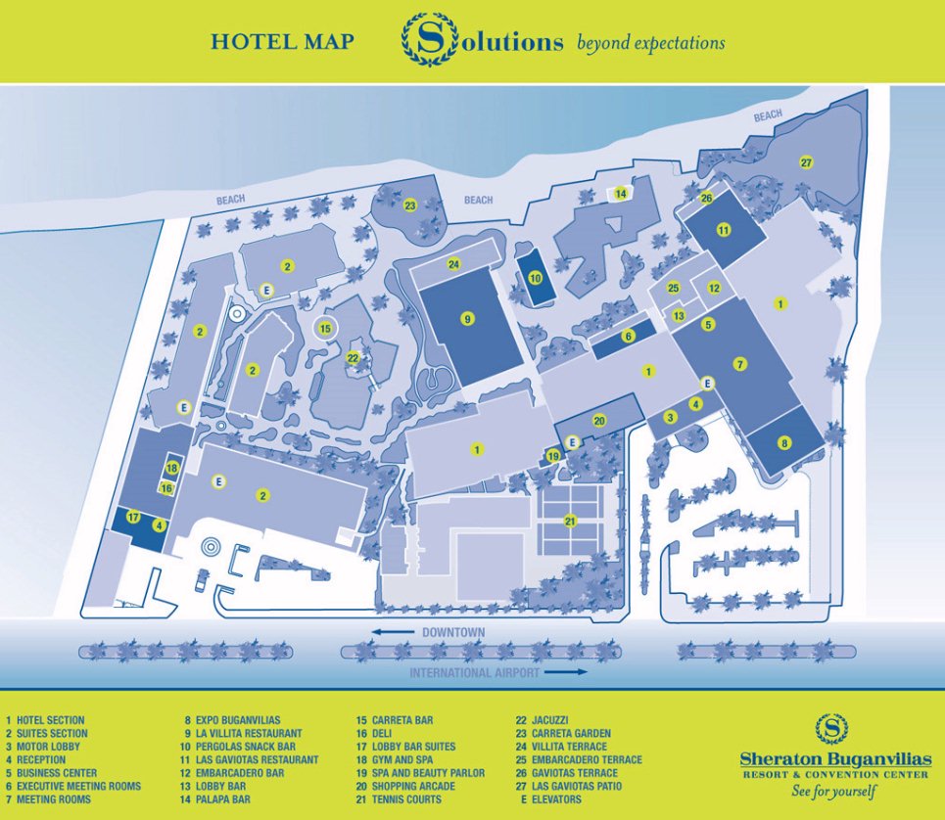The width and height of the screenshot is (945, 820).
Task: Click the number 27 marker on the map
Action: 806,161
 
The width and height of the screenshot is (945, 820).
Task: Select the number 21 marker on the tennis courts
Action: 571,521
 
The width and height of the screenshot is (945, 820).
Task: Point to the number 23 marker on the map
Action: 410,205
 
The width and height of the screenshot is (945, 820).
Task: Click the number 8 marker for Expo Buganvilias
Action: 783,441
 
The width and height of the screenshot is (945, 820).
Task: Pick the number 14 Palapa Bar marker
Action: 620,194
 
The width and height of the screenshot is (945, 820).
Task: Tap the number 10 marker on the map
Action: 535,277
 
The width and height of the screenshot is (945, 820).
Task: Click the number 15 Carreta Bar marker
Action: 326,328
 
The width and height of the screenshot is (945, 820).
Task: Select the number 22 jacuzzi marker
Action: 354,358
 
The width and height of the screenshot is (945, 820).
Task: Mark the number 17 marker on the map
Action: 134,517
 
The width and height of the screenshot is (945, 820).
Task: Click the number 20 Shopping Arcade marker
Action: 600,420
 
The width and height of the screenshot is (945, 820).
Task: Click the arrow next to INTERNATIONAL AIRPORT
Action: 565,672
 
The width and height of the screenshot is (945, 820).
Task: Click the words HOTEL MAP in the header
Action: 282,42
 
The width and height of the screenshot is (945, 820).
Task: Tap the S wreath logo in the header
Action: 428,41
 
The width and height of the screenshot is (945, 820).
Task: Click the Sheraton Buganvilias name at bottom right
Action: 835,759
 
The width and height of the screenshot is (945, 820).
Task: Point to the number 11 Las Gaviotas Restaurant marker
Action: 724,230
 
